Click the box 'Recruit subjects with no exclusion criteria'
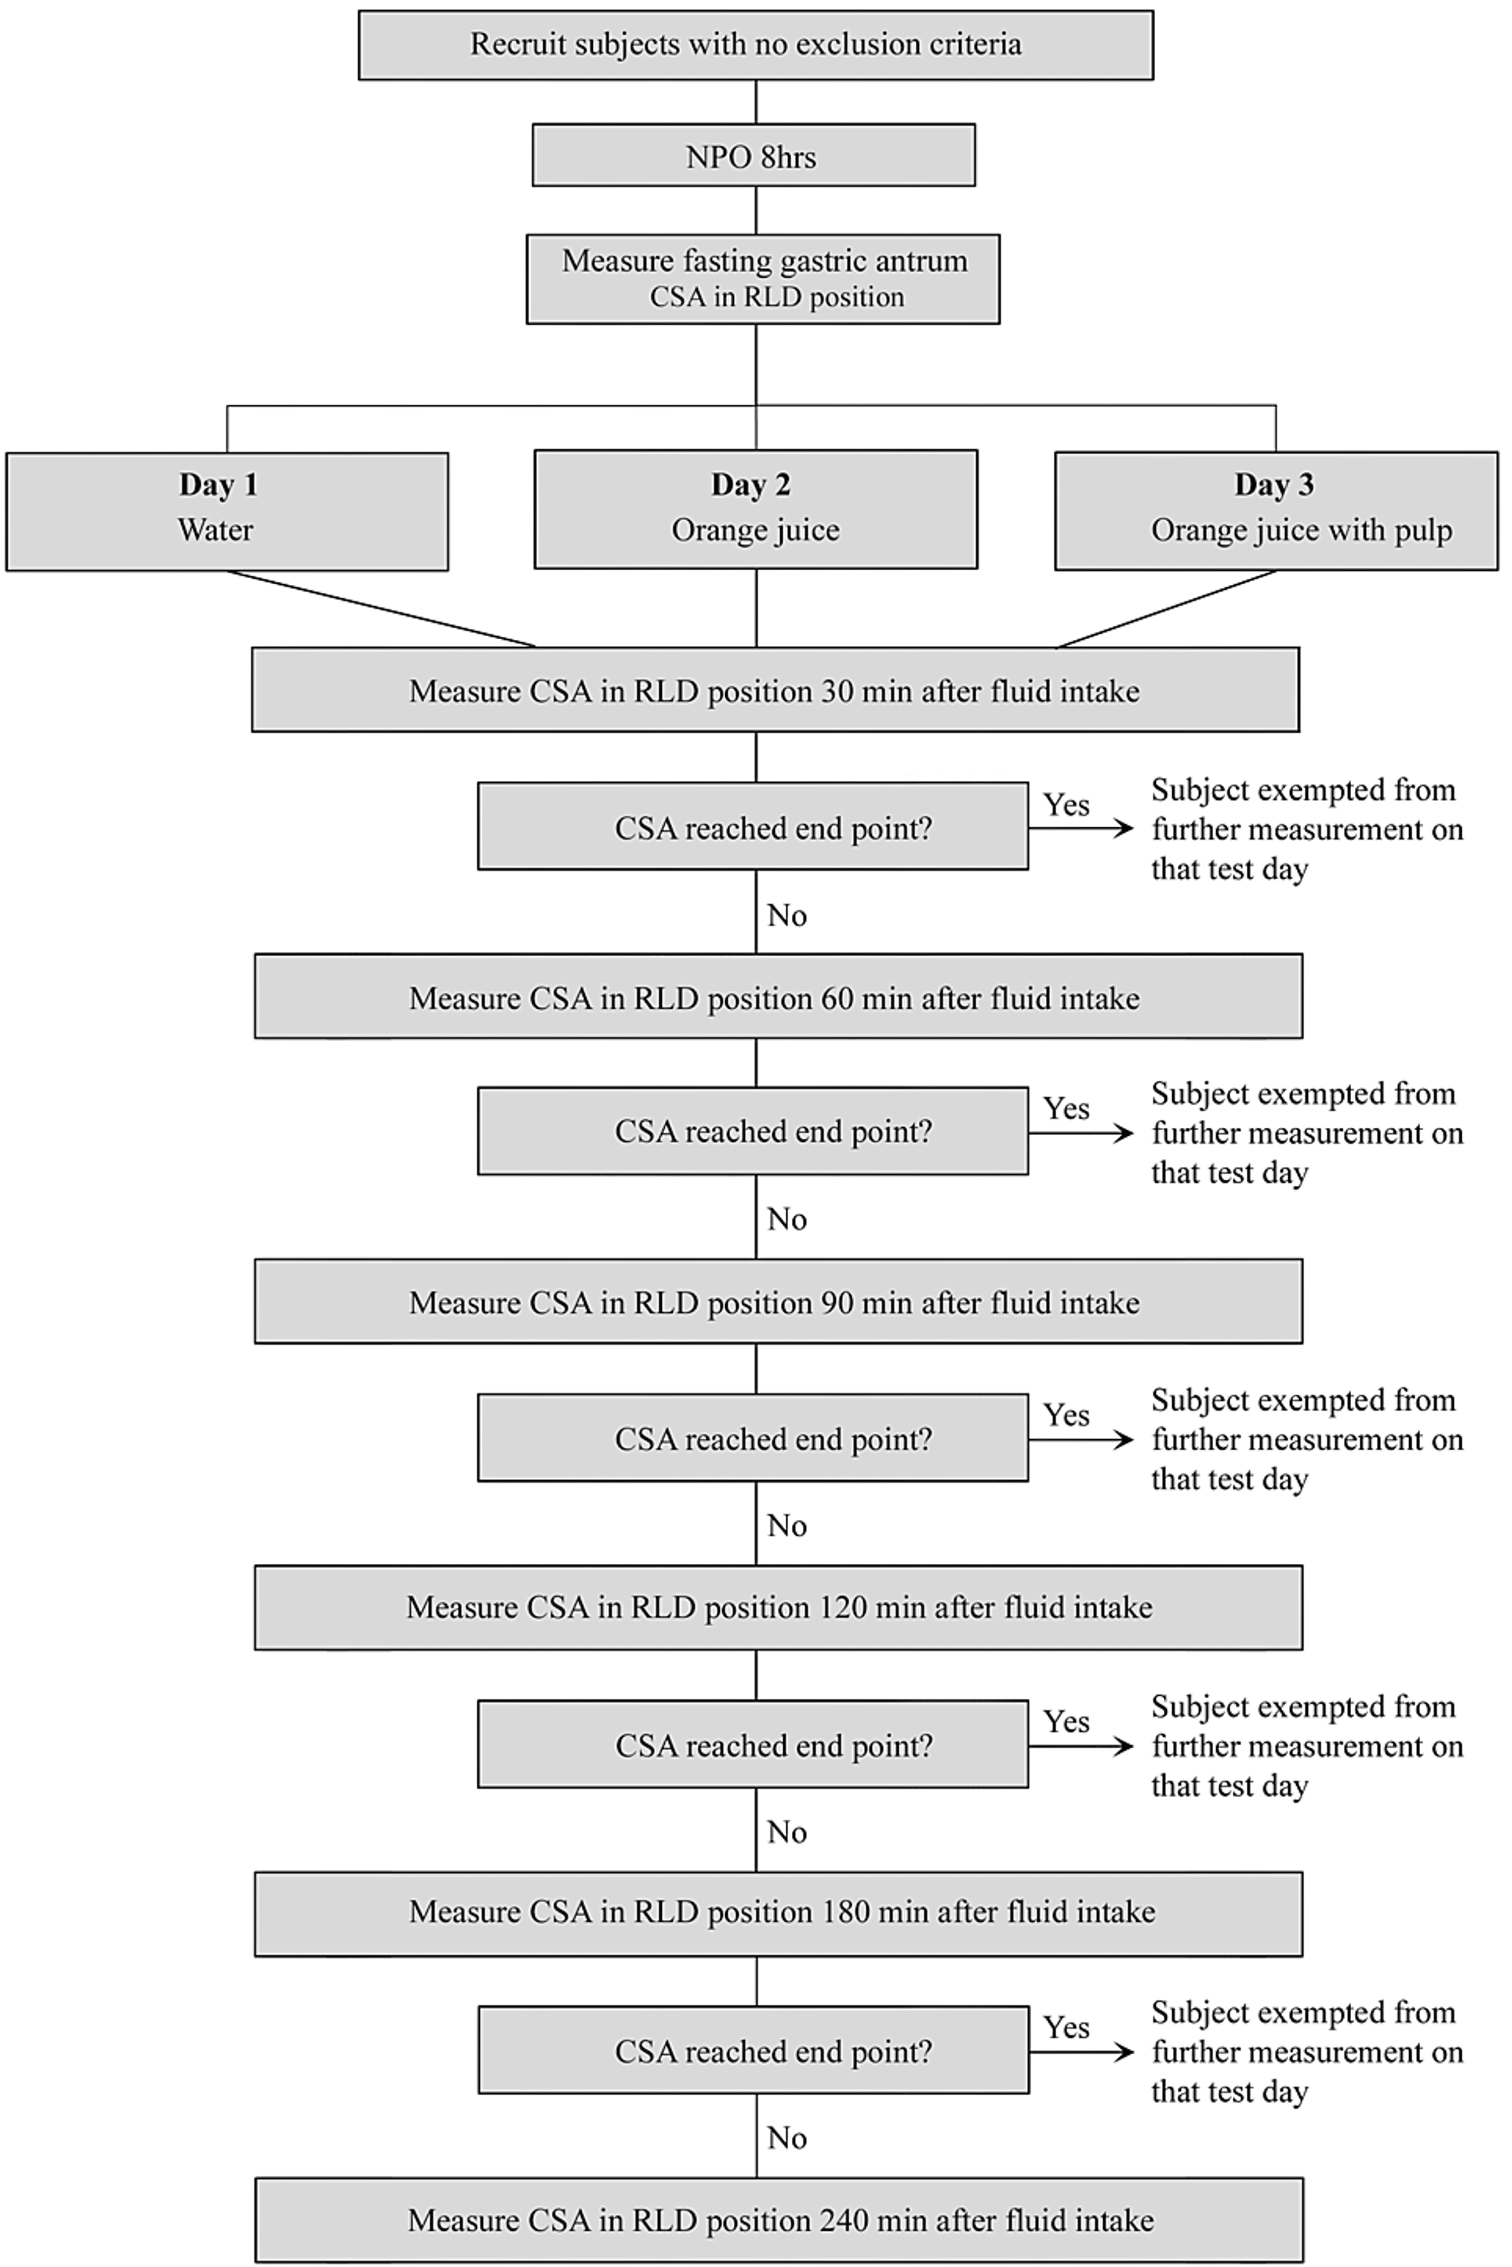point(755,45)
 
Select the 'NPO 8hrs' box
point(753,155)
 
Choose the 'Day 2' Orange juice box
point(755,509)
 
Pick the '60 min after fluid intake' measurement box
point(777,997)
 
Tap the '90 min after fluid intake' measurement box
point(777,1302)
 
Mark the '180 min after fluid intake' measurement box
point(777,1913)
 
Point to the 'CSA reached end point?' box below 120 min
point(752,1745)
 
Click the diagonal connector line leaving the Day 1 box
point(381,608)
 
